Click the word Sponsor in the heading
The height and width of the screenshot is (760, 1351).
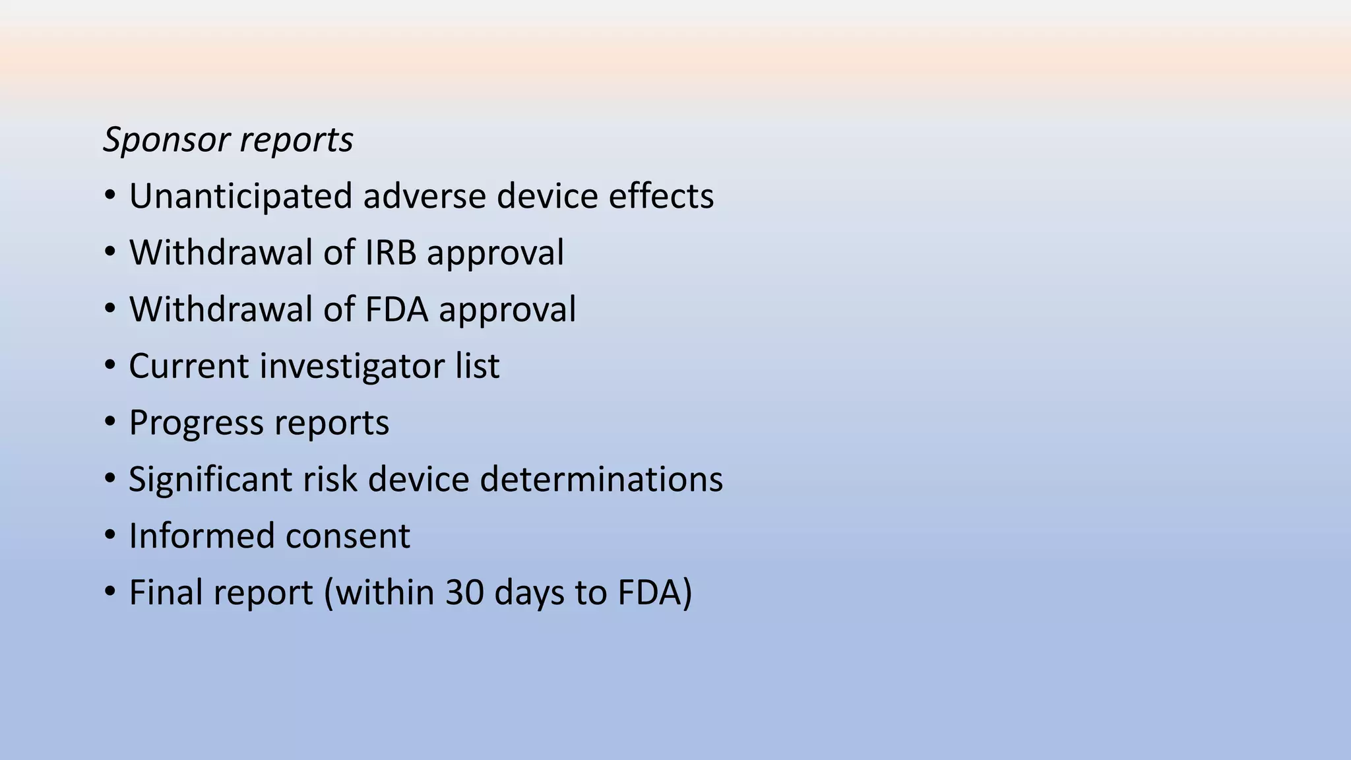click(x=166, y=141)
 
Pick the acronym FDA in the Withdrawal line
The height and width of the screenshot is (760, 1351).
click(x=395, y=309)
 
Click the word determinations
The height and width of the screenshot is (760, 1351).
click(x=601, y=480)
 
